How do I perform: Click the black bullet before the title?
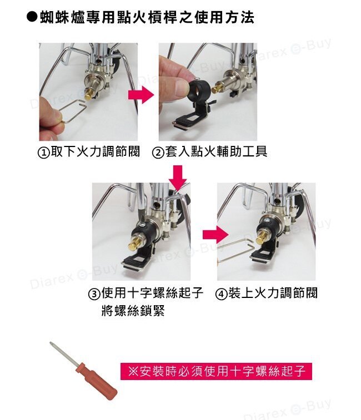[x=32, y=17]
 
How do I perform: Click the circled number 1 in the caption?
[x=43, y=153]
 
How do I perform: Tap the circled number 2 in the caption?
[x=158, y=153]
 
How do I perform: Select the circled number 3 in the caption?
[x=94, y=294]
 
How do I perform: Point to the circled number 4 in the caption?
[x=222, y=294]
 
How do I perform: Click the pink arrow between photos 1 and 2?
[x=141, y=95]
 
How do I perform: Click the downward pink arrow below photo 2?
[x=178, y=178]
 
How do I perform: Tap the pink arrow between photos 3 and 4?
[x=215, y=235]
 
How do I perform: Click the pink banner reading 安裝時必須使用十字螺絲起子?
[x=216, y=371]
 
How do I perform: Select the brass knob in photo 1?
[x=89, y=93]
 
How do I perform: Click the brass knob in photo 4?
[x=260, y=237]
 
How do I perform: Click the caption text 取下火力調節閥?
[x=95, y=151]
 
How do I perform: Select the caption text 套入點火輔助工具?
[x=216, y=151]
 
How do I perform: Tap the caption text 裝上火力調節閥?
[x=273, y=292]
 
